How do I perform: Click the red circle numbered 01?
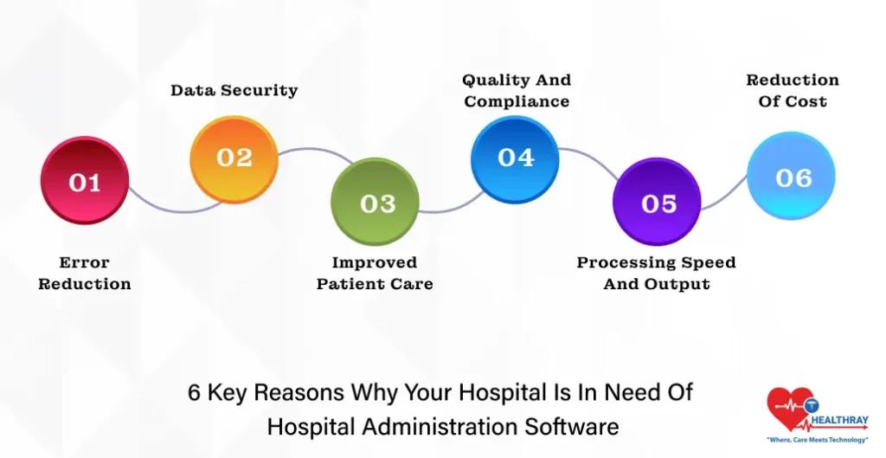tap(84, 183)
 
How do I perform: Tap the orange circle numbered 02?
tap(234, 158)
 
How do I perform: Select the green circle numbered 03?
tap(376, 203)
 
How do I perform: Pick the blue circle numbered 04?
tap(515, 158)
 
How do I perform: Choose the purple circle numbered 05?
tap(658, 203)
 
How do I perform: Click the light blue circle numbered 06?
tap(792, 177)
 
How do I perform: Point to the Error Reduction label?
tap(84, 273)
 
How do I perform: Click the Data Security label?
tap(234, 90)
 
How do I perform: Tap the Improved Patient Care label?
tap(375, 273)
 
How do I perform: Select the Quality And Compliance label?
tap(517, 90)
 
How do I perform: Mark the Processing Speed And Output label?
tap(656, 273)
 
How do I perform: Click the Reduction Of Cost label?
tap(792, 90)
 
